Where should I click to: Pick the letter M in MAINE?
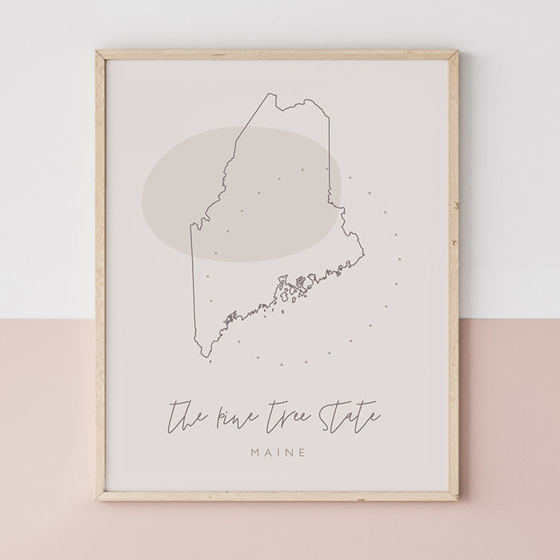pyautogui.click(x=256, y=452)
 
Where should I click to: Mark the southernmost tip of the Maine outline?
pyautogui.click(x=210, y=358)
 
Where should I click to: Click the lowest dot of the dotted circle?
pyautogui.click(x=281, y=365)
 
